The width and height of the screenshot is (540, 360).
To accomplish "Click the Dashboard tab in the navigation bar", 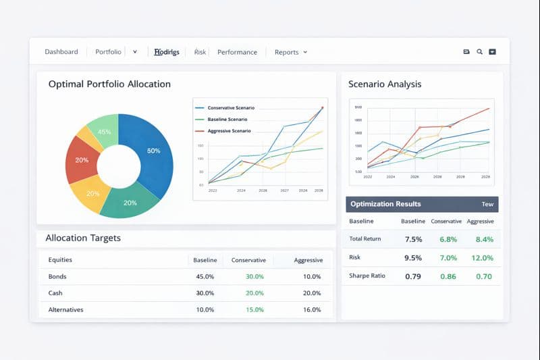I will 61,52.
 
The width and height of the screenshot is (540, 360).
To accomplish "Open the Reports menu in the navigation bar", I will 290,52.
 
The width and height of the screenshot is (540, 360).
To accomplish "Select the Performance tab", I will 237,52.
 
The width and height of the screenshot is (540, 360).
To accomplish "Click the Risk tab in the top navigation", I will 200,52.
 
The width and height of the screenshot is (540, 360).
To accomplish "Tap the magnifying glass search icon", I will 479,52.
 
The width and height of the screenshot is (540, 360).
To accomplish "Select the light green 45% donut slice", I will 105,132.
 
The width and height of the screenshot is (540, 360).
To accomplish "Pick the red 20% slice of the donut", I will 82,160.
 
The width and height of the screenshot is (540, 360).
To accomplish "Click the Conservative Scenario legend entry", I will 230,108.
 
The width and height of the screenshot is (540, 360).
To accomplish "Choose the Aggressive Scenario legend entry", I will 229,130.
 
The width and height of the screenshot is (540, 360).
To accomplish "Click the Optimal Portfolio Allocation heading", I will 109,84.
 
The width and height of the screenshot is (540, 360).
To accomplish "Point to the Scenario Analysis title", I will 385,84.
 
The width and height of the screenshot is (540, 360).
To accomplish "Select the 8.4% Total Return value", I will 484,239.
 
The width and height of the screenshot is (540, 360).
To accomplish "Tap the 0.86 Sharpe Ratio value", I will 448,276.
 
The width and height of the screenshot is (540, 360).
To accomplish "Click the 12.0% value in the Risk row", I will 483,258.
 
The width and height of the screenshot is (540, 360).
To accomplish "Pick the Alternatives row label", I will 66,310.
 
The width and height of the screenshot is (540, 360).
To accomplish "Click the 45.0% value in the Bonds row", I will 205,276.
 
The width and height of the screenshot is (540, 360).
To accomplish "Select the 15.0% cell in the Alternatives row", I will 254,310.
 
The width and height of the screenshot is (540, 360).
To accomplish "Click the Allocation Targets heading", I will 83,238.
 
